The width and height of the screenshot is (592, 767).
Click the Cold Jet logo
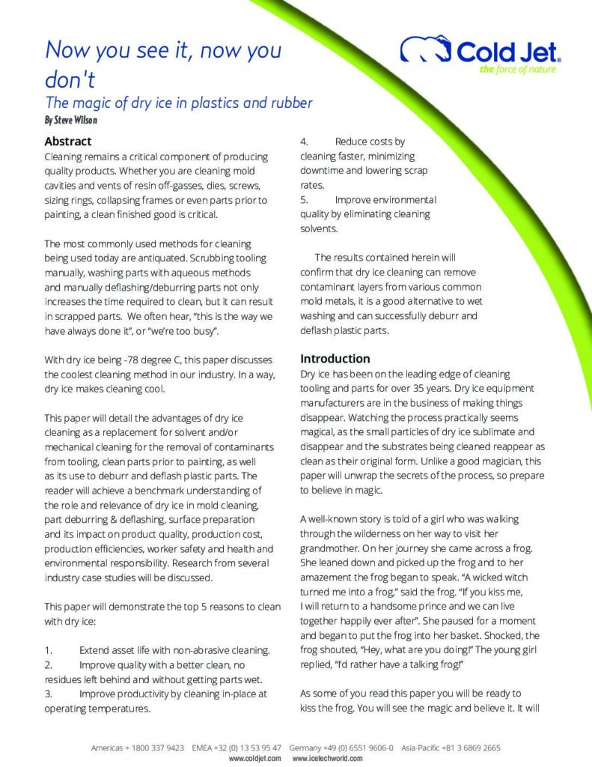(x=480, y=51)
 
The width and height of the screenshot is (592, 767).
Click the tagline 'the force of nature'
(x=517, y=70)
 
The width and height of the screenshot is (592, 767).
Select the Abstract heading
(x=67, y=142)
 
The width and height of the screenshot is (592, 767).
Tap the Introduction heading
(x=335, y=359)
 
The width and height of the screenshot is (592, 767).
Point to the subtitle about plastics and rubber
(x=178, y=103)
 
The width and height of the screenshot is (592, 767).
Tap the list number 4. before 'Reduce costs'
(x=305, y=142)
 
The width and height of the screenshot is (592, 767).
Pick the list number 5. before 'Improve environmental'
(x=304, y=200)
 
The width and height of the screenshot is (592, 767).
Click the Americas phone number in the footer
(x=159, y=748)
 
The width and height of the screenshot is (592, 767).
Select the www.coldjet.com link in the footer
(x=254, y=758)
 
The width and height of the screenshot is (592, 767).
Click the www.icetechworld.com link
(x=327, y=758)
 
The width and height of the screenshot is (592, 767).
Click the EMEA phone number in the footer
(x=251, y=748)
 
